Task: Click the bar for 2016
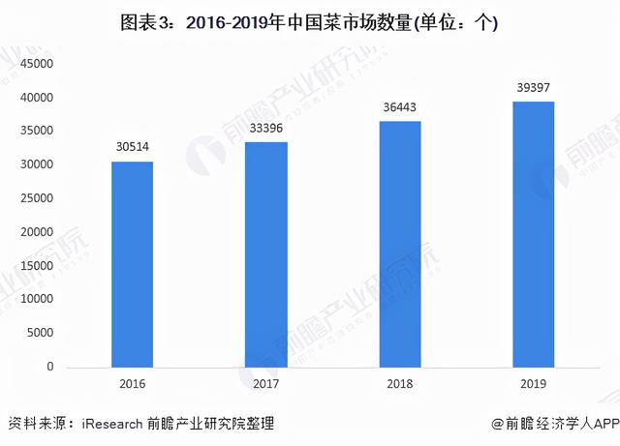coord(132,264)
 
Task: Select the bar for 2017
coord(266,254)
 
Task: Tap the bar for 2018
coord(400,244)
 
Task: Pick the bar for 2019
coord(534,234)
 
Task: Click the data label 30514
coord(132,147)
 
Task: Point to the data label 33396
coord(266,128)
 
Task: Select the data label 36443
coord(400,107)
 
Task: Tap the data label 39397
coord(534,88)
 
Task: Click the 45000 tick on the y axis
coord(36,65)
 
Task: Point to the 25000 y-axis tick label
coord(36,199)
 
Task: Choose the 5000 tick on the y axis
coord(39,334)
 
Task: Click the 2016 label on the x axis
coord(132,385)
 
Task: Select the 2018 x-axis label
coord(400,385)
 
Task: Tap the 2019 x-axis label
coord(534,385)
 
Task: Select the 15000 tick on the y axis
coord(36,267)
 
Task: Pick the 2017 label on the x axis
coord(266,385)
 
